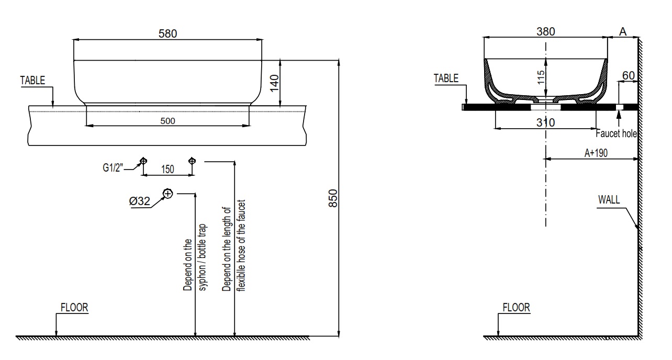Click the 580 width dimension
pos(168,33)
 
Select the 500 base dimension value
pos(167,121)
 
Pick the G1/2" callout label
pos(113,168)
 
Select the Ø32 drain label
pos(140,200)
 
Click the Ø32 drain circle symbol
pos(167,194)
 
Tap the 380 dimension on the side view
pos(546,31)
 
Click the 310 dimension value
pos(546,122)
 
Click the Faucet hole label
pos(619,134)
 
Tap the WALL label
pos(609,199)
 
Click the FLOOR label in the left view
pos(74,308)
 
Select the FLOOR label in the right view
pos(516,308)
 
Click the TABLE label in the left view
pos(33,81)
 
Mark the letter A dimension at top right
pos(623,31)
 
